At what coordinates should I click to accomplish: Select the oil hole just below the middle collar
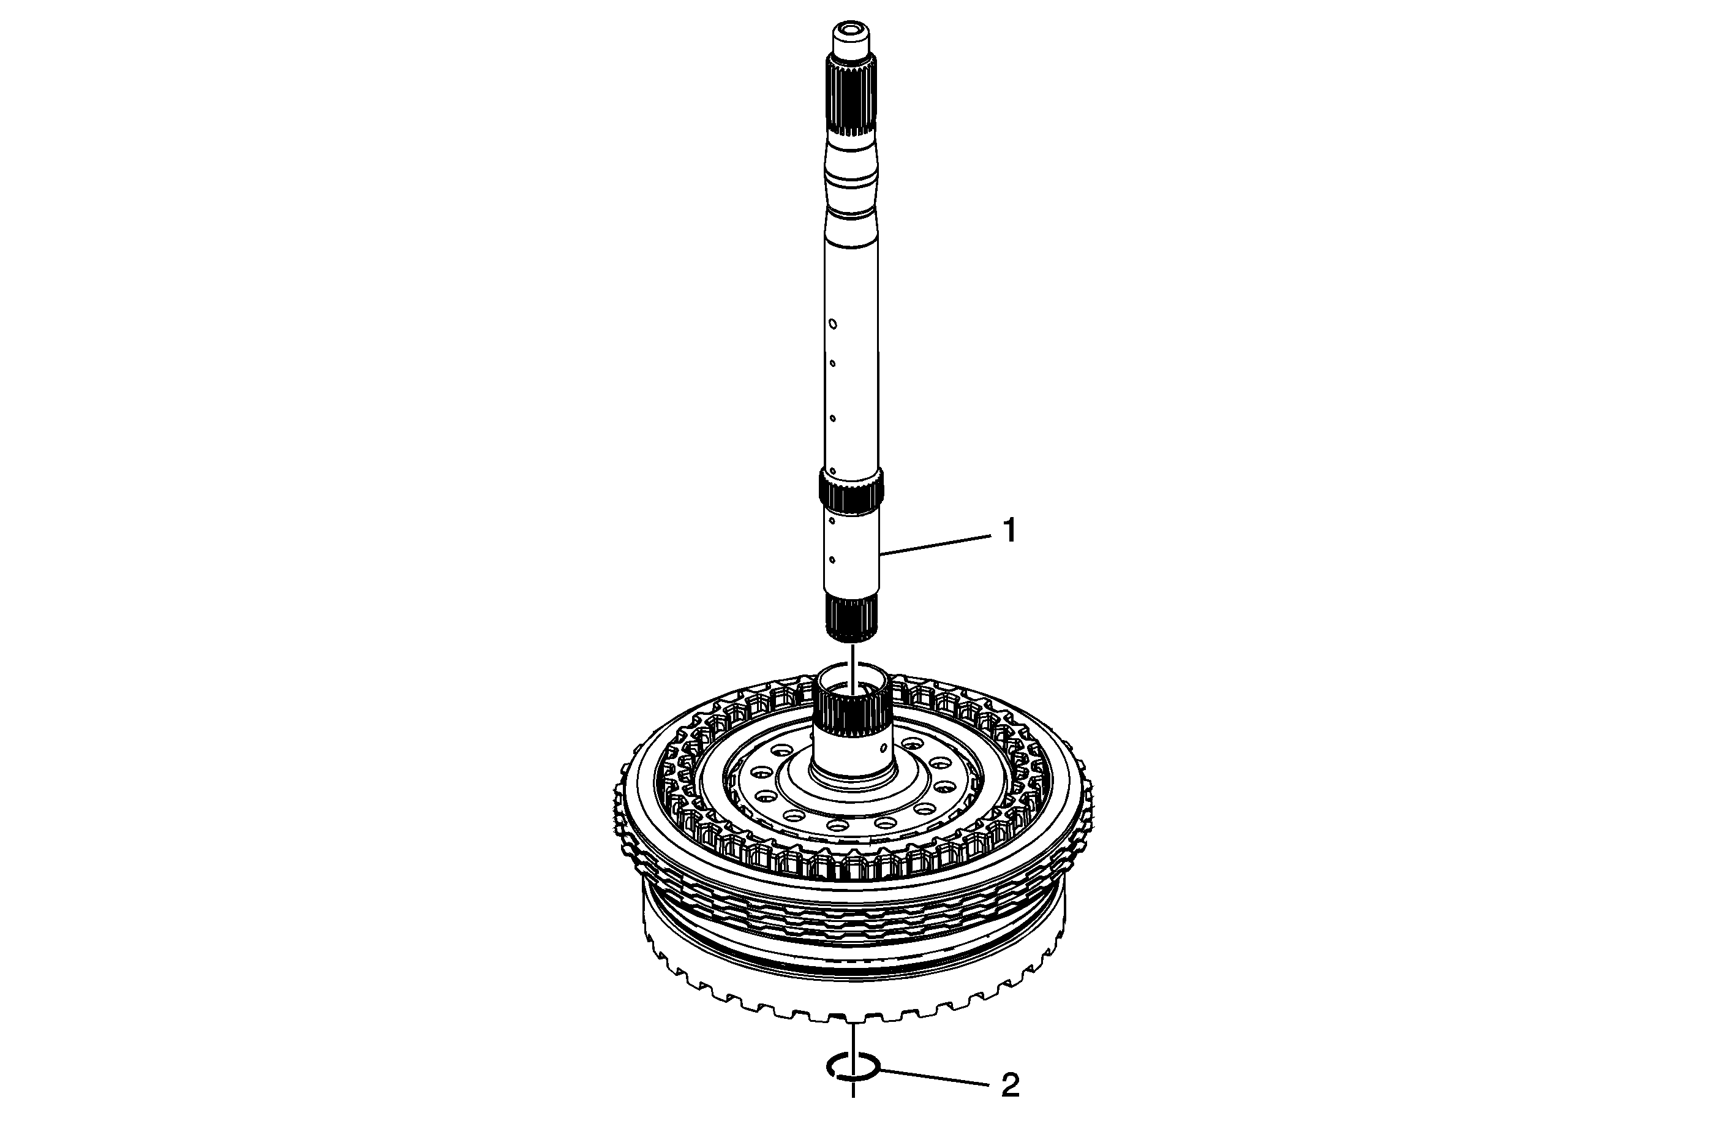(831, 520)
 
